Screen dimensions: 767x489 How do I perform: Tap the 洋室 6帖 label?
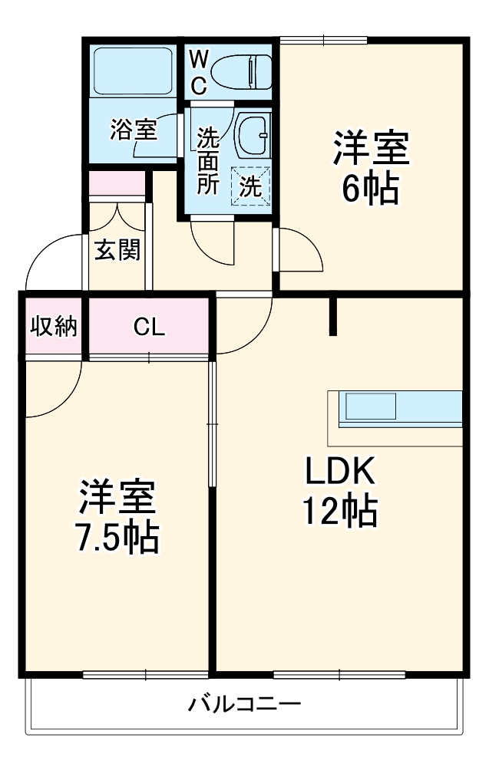pos(370,167)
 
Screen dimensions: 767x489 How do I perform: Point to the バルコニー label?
pos(245,704)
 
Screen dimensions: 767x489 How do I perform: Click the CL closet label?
pos(149,328)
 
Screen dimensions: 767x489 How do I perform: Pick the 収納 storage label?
pos(54,327)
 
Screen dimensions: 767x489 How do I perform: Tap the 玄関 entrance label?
pos(117,250)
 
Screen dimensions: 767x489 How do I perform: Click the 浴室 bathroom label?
pos(134,130)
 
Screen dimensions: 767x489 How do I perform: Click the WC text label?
pos(199,71)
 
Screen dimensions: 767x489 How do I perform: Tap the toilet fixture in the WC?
pos(243,71)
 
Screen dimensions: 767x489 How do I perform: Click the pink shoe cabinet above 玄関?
pos(117,184)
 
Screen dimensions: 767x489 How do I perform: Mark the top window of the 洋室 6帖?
pos(323,40)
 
